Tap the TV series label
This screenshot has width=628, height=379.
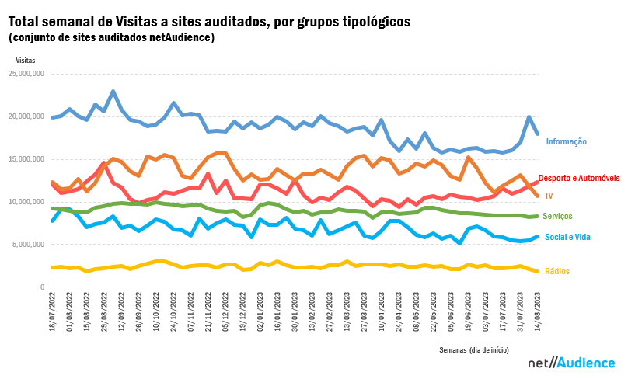(x=549, y=196)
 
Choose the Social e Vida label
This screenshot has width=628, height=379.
(x=567, y=237)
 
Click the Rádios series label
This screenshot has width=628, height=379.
(x=557, y=271)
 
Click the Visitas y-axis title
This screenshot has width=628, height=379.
(x=25, y=58)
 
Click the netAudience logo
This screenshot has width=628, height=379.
(x=571, y=363)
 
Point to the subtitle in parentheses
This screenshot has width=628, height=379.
(x=111, y=37)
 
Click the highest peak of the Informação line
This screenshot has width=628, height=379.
(x=113, y=92)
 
